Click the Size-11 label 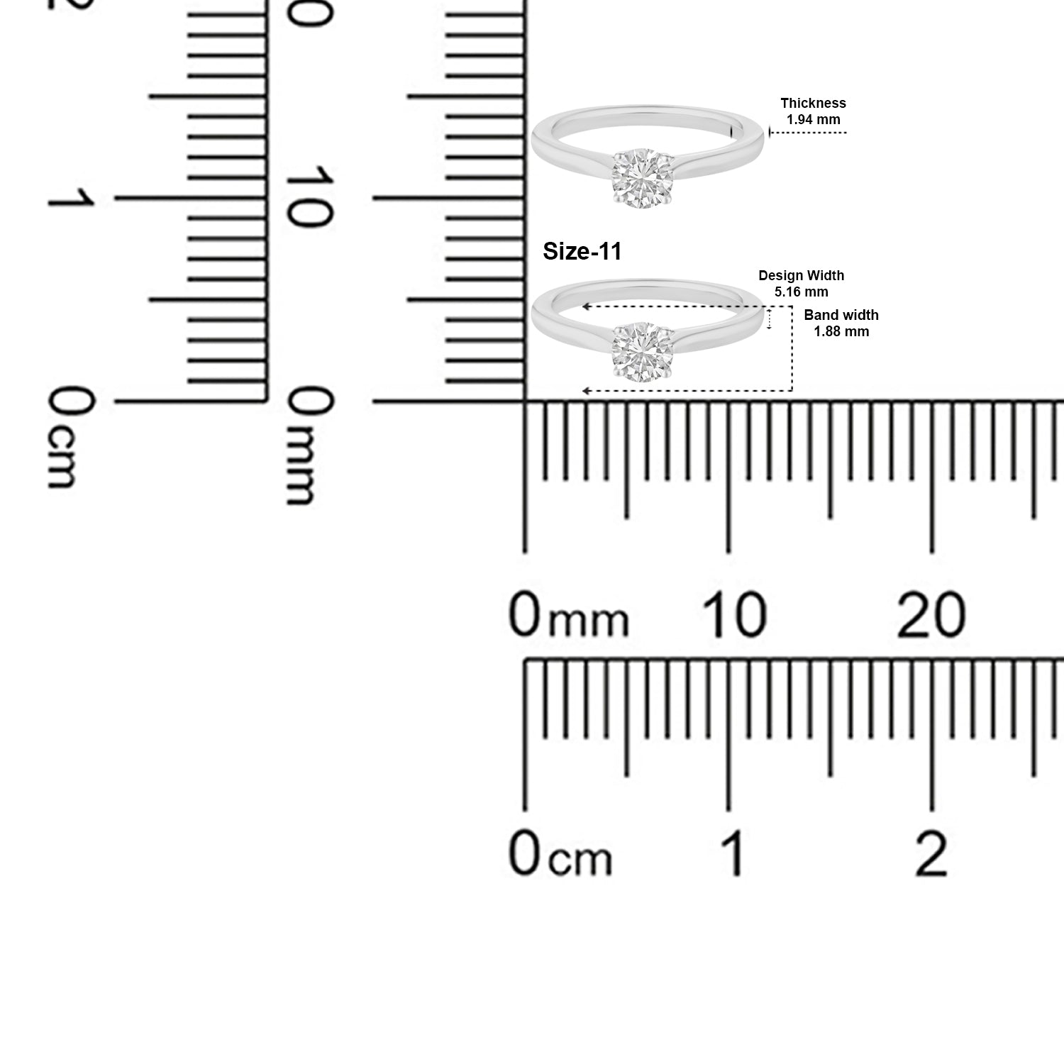[x=582, y=251]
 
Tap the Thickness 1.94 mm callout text [x=813, y=111]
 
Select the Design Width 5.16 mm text [x=802, y=284]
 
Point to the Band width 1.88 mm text [x=841, y=323]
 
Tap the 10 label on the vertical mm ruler [x=309, y=197]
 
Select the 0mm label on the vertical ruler [x=309, y=447]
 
